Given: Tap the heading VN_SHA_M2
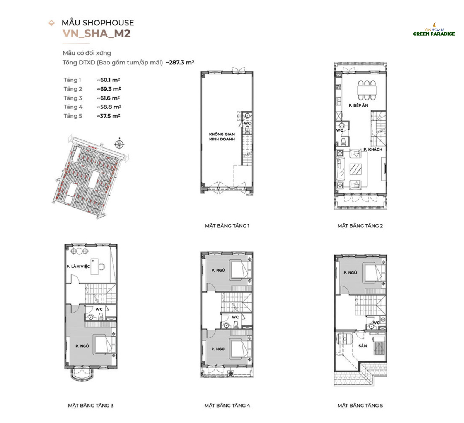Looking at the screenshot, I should coord(96,34).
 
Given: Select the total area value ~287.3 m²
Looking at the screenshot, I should coord(180,62).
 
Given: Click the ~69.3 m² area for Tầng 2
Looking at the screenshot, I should coord(109,89).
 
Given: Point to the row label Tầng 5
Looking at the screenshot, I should coord(73,116).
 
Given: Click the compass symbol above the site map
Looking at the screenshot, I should coord(119,144).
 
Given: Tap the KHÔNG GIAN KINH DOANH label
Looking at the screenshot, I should coord(222,137).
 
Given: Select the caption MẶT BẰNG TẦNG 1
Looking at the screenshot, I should coord(227,226).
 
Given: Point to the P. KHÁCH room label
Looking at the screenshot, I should coord(373,149).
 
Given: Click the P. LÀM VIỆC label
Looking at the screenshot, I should coord(78,266).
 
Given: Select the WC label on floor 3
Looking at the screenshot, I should coord(99,309).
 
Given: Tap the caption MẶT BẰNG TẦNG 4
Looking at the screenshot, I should coord(227,406).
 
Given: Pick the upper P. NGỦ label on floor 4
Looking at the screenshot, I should coord(218,270).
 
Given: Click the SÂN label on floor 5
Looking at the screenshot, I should coord(363,346).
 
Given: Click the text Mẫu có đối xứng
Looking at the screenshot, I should coord(87,53).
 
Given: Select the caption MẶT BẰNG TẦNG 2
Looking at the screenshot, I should coord(360,226).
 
